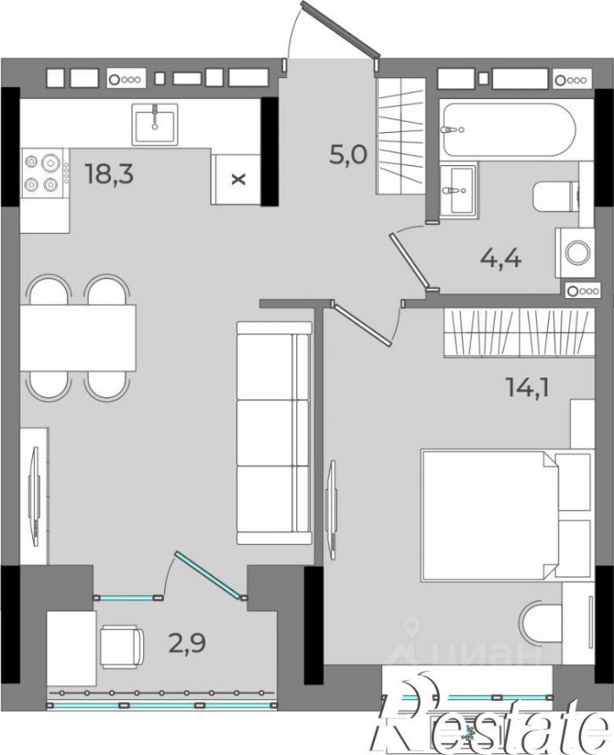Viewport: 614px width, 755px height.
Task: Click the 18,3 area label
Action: [109, 174]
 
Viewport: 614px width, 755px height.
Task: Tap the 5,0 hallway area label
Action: [348, 155]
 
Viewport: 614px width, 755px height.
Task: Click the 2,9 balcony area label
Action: [187, 642]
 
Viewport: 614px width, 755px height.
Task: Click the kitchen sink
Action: [155, 124]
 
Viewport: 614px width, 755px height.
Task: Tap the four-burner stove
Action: [44, 173]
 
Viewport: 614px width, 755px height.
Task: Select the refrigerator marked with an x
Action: [236, 179]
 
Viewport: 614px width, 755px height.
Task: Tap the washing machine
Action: [575, 252]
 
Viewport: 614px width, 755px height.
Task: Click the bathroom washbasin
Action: [458, 190]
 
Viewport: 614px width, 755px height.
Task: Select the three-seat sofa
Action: [274, 433]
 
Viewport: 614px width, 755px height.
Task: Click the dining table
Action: [78, 337]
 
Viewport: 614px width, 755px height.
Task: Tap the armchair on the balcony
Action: [121, 646]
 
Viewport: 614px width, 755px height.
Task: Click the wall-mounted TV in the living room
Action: [33, 495]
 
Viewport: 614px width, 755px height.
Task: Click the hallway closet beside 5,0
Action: [401, 135]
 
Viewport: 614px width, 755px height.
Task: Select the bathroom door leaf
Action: [409, 260]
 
